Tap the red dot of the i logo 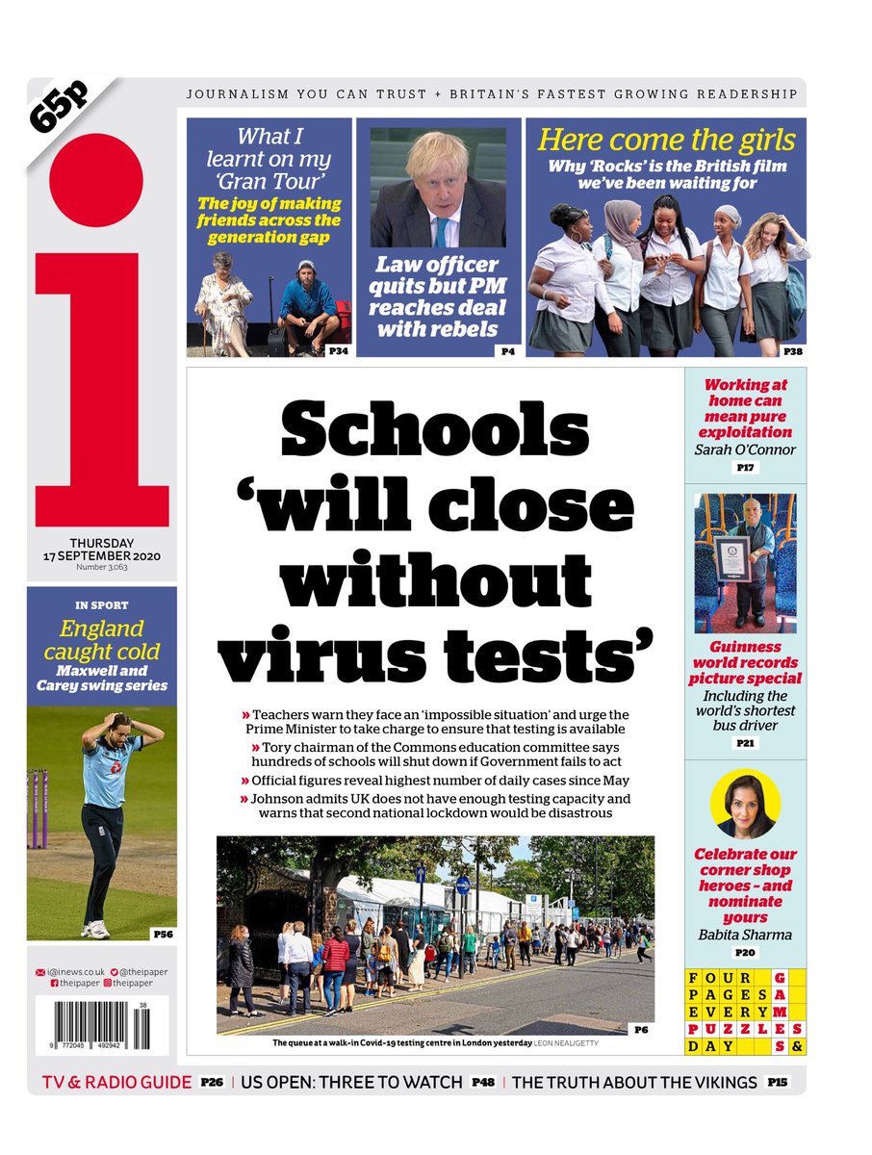pos(96,181)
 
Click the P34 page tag pos(338,352)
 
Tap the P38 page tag pos(792,352)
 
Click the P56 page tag pos(163,933)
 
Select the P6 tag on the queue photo pos(641,1029)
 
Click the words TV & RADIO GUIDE pos(115,1082)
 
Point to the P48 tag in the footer pos(482,1082)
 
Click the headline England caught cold pos(101,641)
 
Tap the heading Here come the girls pos(667,140)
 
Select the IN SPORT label pos(101,605)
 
